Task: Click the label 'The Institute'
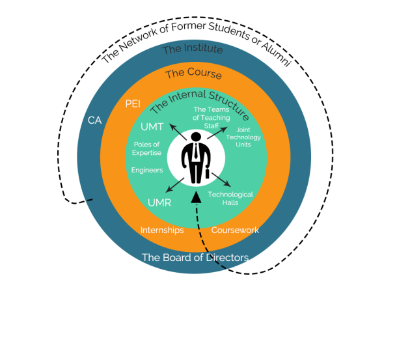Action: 193,49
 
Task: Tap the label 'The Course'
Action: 193,74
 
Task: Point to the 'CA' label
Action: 95,120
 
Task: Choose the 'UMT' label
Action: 153,126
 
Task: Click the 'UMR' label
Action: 159,202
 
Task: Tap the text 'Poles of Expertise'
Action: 147,148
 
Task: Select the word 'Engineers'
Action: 147,170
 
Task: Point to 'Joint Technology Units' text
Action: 248,137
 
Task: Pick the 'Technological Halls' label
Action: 230,198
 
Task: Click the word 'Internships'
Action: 162,230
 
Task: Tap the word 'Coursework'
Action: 235,230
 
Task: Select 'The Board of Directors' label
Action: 195,257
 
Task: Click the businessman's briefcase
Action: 208,174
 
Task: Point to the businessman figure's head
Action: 196,137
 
